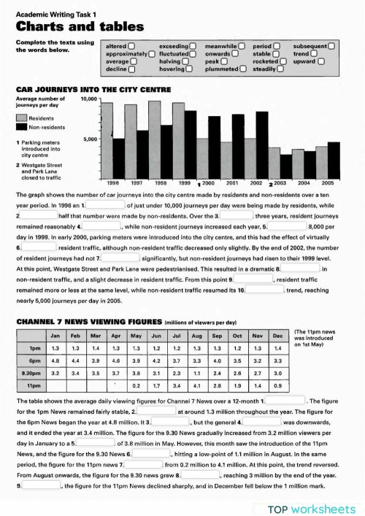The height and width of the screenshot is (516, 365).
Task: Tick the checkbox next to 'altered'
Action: pos(130,46)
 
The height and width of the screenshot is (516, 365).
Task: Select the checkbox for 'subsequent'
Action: pos(331,46)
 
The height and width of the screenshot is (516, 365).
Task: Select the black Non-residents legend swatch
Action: pos(22,126)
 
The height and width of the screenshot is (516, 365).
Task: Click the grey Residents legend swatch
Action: pos(22,117)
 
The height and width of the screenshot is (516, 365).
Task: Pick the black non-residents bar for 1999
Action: pos(191,142)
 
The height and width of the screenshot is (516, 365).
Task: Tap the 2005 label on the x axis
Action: pos(326,182)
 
